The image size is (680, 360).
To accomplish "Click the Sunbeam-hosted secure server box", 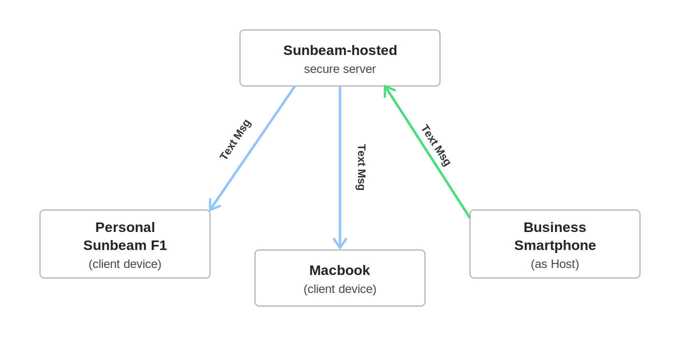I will tap(340, 58).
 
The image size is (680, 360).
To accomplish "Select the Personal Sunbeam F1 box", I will tap(125, 244).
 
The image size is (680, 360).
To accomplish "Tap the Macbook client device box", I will tap(340, 278).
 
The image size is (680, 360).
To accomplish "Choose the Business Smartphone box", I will tap(555, 244).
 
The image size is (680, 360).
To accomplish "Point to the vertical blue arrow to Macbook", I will tap(340, 165).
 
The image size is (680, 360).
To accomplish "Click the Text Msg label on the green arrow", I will tap(436, 145).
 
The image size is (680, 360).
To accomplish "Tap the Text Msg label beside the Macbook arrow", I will tap(361, 167).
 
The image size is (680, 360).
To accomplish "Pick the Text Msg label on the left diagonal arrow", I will tap(235, 139).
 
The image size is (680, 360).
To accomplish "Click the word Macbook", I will tap(339, 270).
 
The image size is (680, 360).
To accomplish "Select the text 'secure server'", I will tap(340, 69).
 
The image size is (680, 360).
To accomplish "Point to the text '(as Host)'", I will tap(555, 264).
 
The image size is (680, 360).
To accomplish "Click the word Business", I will tap(554, 227).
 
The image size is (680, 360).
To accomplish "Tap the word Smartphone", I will tap(555, 245).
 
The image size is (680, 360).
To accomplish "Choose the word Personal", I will tap(125, 227).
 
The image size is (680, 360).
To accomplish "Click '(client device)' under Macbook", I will tap(340, 289).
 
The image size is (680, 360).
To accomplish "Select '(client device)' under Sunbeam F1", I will tap(125, 264).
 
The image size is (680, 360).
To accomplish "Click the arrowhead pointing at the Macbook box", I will tap(340, 245).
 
